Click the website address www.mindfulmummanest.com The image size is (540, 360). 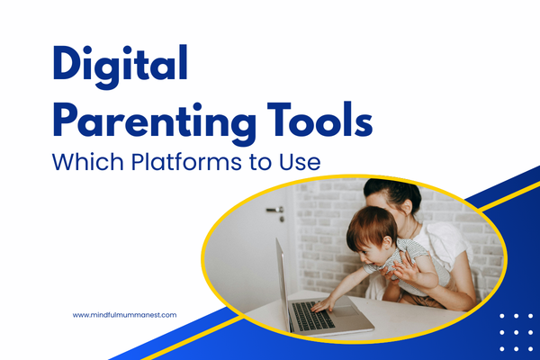[x=125, y=315]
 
